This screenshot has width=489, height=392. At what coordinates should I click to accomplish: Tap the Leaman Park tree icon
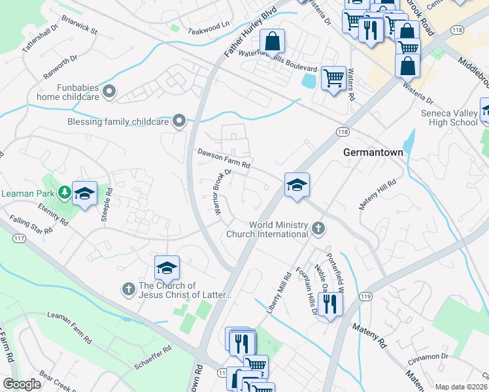(x=64, y=192)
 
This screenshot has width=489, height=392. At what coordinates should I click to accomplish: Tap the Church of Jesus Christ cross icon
(x=128, y=287)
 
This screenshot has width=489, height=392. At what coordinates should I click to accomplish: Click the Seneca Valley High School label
(x=449, y=117)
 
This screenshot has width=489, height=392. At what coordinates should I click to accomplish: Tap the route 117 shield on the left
(x=19, y=238)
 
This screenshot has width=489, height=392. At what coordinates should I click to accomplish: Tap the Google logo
(x=22, y=384)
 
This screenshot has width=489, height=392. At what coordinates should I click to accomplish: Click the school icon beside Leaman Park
(x=85, y=193)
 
